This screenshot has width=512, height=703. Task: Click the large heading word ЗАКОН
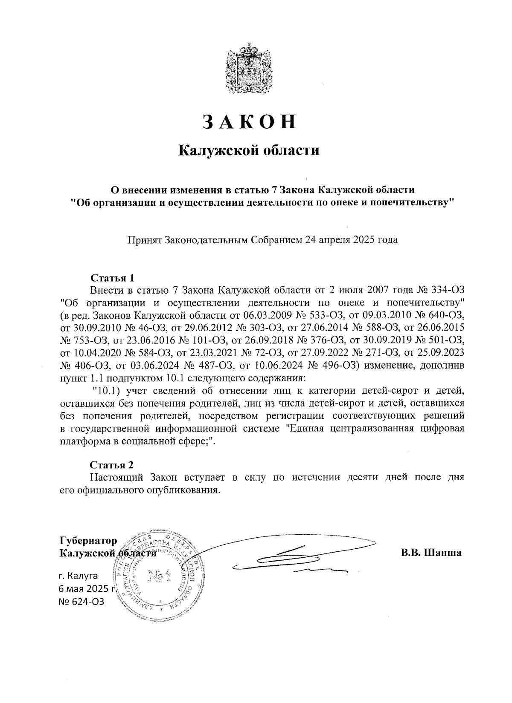click(x=249, y=121)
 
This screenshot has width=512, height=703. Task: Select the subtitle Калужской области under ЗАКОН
click(x=249, y=150)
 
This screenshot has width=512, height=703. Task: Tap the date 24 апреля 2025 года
click(x=352, y=239)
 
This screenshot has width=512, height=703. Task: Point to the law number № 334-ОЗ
click(x=440, y=291)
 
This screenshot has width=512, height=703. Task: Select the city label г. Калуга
click(x=78, y=576)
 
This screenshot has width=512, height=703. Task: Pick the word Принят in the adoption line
click(x=143, y=239)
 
